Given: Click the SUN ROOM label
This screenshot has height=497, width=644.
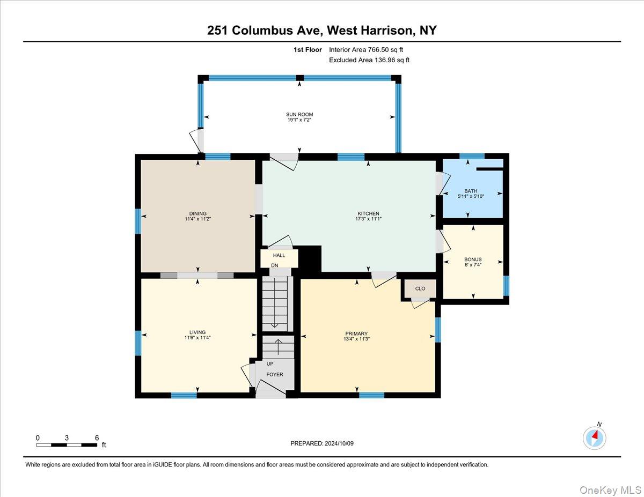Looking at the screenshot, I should pos(299,114).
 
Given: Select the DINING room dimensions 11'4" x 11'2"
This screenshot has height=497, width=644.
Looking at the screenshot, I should pos(197,219).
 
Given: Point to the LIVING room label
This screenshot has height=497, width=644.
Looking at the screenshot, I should pos(197,332).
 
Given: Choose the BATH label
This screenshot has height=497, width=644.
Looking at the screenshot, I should pos(471,191).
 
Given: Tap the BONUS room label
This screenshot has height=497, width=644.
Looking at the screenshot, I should pos(473,259).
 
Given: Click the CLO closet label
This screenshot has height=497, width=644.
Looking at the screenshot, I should pos(420,288).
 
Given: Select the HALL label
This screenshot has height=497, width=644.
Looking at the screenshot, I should pos(279,255).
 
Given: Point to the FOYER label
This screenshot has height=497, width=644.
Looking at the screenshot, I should pos(275,374).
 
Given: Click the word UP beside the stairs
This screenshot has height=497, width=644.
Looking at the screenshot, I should pos(270,364).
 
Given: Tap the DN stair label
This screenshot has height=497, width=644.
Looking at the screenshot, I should pos(275,265).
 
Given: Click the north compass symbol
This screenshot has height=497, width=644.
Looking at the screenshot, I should pos(595,437).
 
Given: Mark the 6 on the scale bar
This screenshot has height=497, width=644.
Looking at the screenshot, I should pos(97,437).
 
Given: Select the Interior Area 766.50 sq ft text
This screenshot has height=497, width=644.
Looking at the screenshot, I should pos(366,49).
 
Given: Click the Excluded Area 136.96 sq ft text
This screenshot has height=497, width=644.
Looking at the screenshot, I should pos(369,60).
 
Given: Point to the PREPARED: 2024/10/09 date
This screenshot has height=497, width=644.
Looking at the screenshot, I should pos(323,443).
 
